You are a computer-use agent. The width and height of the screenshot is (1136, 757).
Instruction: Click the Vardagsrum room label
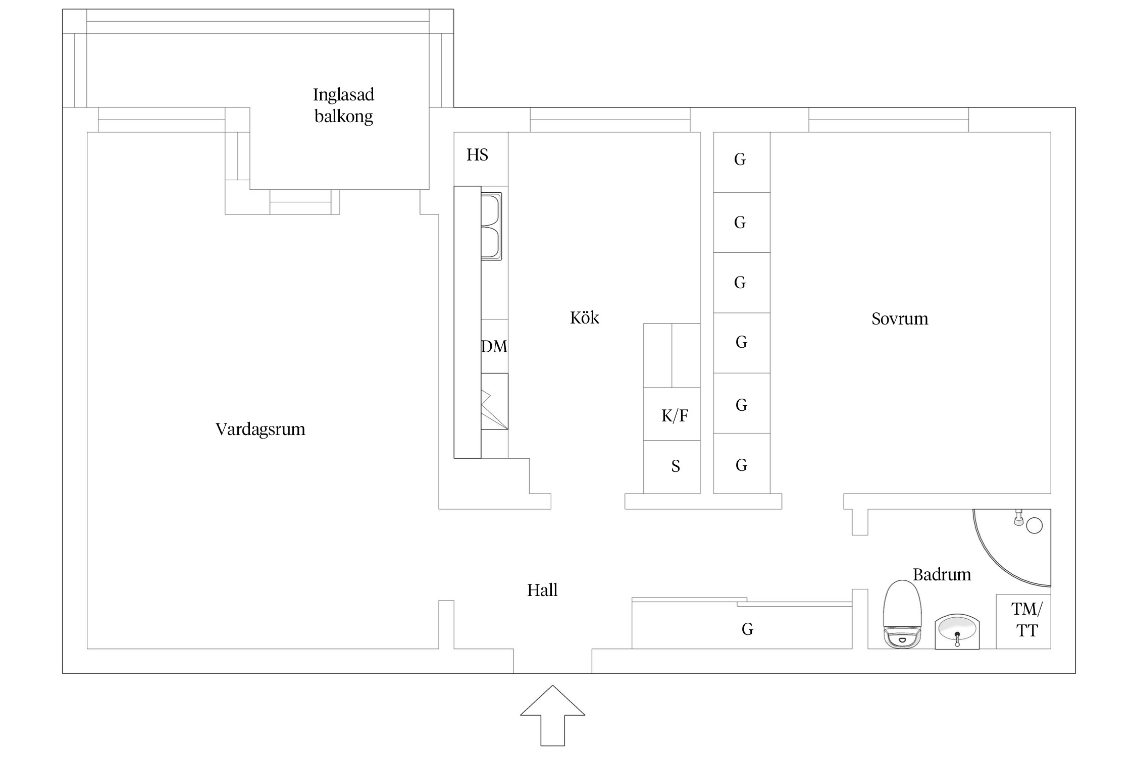point(260,429)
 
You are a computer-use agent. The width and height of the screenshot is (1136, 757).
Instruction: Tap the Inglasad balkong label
point(343,105)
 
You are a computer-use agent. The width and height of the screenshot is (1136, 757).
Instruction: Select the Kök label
point(584,318)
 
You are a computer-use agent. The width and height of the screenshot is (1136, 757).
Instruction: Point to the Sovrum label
point(900,319)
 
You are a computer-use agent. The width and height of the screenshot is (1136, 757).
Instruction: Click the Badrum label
point(942,574)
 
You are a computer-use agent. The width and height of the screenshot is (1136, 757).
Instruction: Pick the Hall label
point(542,590)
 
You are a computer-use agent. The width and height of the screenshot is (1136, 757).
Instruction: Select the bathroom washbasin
point(957,631)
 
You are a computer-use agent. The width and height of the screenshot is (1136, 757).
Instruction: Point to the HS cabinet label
point(477,155)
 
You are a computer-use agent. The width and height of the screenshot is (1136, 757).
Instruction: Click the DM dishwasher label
point(494,347)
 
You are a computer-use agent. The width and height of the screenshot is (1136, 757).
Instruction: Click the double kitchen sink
point(491,226)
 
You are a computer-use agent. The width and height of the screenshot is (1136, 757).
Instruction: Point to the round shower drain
point(1035,525)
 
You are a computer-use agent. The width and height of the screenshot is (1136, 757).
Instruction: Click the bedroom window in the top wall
point(889,120)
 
